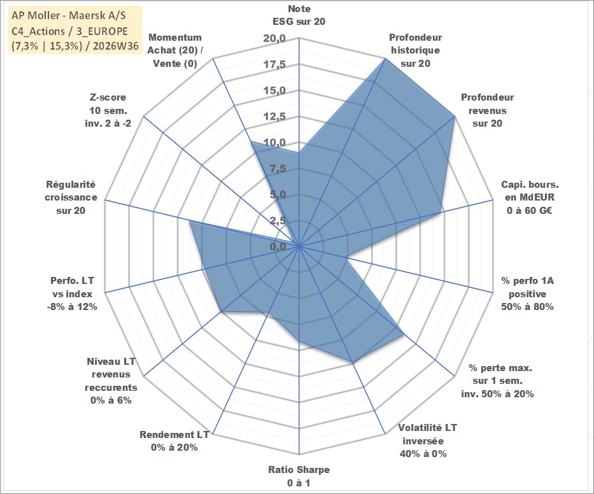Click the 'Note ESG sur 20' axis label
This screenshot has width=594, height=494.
tap(299, 15)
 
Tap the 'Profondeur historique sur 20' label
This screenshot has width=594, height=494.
tap(415, 50)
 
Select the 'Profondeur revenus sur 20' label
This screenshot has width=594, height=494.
tap(487, 110)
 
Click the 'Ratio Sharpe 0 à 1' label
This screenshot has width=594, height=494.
tap(299, 476)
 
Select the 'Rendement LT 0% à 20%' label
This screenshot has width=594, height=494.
tap(174, 441)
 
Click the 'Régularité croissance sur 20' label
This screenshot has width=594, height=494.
tap(71, 197)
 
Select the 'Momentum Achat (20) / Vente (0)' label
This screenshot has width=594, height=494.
tap(175, 50)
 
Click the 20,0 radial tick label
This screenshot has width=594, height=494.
tap(274, 38)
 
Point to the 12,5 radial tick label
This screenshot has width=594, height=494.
tap(274, 116)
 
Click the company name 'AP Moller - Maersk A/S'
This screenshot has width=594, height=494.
tap(69, 15)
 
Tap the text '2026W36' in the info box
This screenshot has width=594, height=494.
tap(115, 46)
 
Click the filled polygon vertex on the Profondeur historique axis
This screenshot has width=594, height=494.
tap(385, 59)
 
